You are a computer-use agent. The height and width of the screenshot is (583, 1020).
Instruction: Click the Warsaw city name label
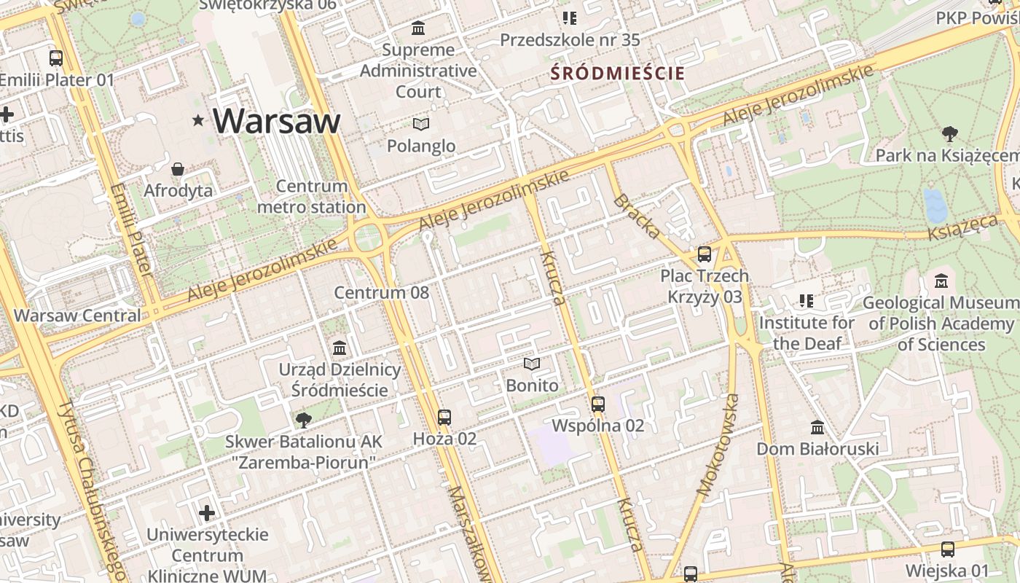point(277,120)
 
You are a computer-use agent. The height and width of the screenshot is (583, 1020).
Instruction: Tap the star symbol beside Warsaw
point(198,120)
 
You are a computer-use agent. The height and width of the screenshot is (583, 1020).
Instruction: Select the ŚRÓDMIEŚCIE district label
point(618,73)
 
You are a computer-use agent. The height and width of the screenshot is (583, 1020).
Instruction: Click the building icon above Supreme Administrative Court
point(418,28)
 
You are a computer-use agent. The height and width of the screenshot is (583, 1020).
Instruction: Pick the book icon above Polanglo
point(421,124)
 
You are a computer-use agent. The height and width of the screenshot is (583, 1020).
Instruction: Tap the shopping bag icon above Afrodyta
point(178,170)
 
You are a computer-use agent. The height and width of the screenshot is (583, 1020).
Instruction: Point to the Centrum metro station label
point(311,197)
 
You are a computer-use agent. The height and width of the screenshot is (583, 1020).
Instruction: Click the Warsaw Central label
point(77,316)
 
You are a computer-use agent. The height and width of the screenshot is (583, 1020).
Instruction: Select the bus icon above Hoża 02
point(444,418)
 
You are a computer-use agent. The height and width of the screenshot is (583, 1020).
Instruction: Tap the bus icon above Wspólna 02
point(598,404)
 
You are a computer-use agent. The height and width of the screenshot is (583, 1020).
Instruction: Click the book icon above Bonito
point(533,364)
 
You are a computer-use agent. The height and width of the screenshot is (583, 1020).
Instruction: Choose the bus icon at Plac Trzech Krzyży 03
point(705,254)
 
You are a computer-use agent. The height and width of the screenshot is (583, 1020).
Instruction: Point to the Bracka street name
point(637,216)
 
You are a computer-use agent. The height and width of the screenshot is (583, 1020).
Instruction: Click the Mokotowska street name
point(718,445)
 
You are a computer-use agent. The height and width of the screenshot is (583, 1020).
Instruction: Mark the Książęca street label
point(962,227)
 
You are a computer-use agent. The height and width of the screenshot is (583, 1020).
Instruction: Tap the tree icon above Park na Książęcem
point(949,134)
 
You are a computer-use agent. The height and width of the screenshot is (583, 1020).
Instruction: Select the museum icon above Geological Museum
point(941,281)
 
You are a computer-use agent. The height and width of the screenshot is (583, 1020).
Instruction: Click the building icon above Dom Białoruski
point(817,427)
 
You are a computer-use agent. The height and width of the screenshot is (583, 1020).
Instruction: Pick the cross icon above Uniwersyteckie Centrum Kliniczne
point(208,513)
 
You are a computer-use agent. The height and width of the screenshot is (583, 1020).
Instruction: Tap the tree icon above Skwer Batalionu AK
point(303,420)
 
